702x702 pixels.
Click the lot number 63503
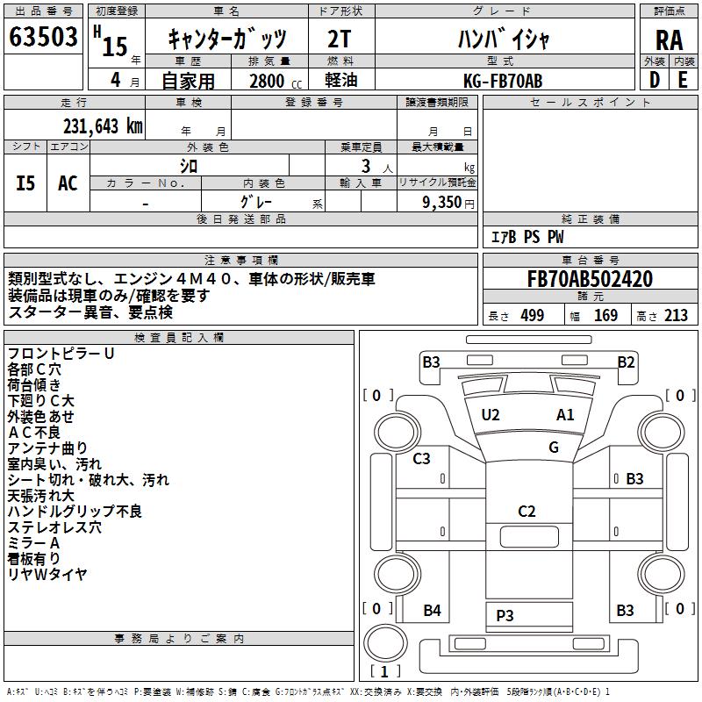click(44, 39)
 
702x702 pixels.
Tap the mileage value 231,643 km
click(103, 125)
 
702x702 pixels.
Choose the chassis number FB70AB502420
click(590, 279)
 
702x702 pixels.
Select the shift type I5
click(26, 183)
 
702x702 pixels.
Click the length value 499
click(531, 315)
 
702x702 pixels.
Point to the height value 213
click(676, 315)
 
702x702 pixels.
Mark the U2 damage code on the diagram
click(490, 414)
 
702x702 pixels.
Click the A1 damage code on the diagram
click(565, 414)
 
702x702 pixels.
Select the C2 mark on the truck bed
click(526, 512)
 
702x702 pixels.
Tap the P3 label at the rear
click(505, 615)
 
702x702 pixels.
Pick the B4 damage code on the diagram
click(432, 611)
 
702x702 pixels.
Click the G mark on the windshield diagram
click(554, 447)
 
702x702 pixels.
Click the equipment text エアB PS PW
click(526, 237)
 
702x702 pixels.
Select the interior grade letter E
click(683, 80)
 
